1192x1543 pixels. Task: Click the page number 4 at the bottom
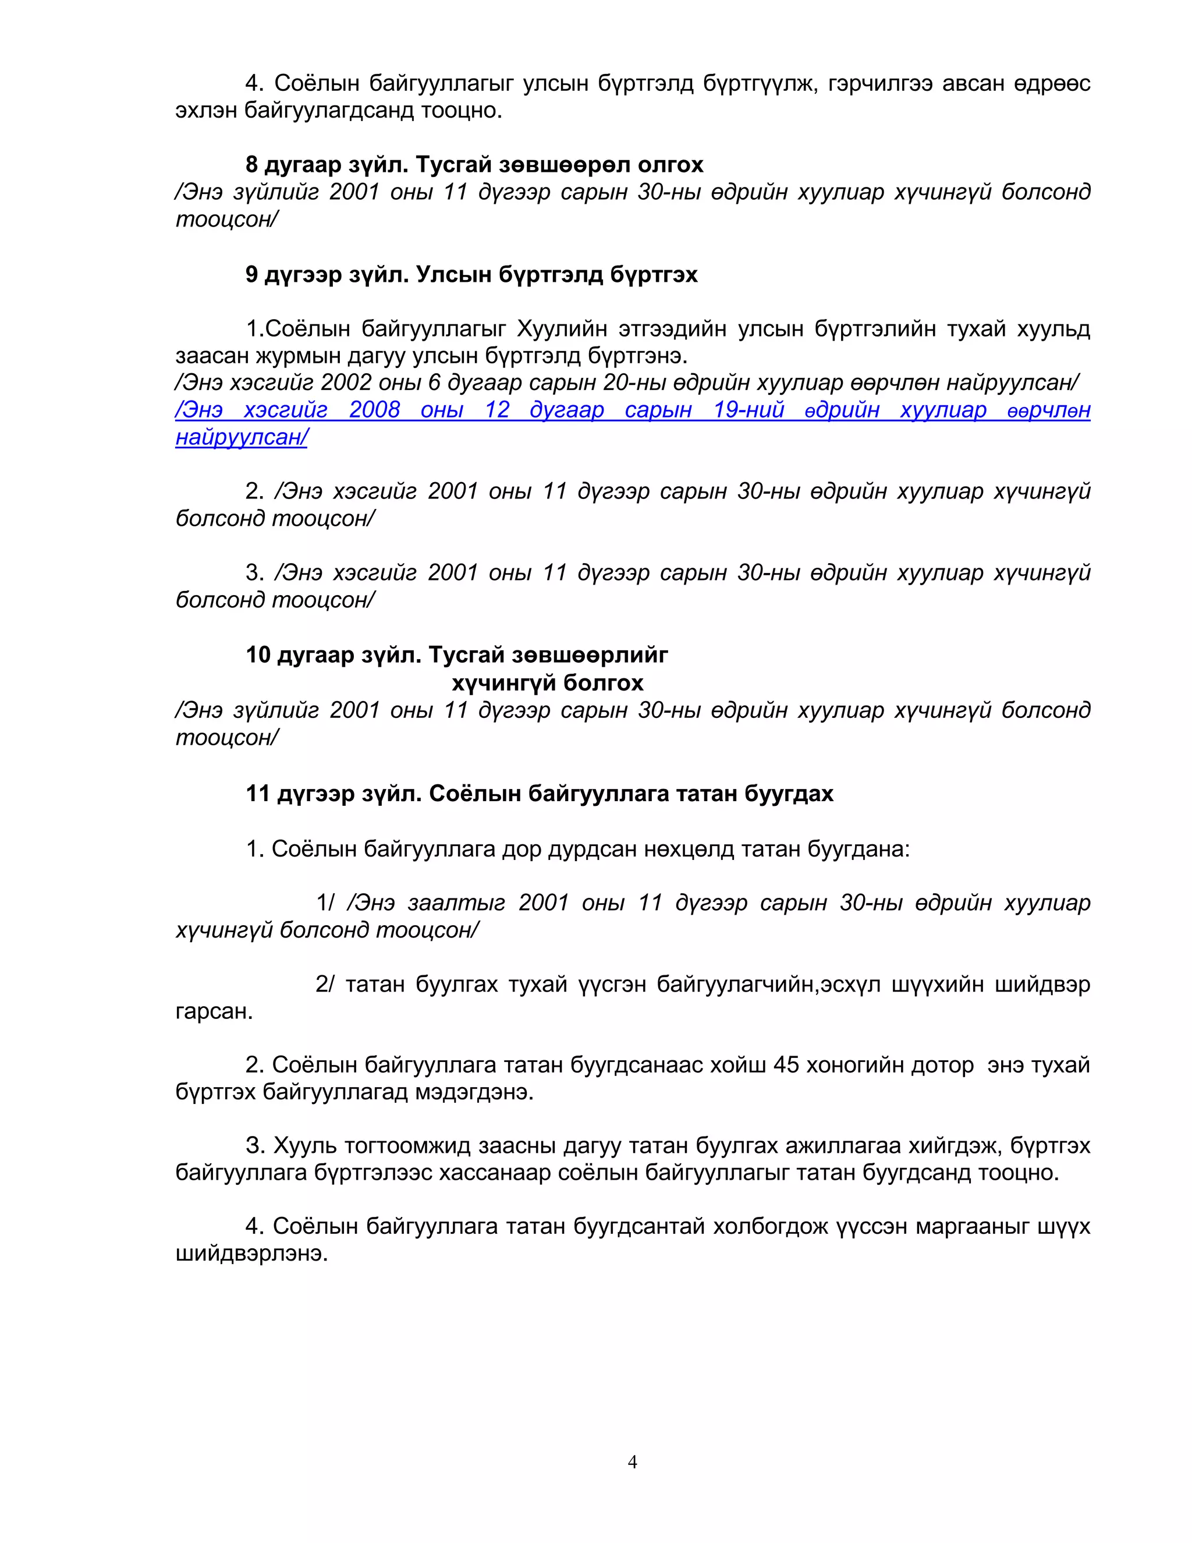point(632,1461)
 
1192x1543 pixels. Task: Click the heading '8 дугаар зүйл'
point(327,165)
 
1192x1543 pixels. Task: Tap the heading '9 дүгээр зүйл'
point(327,274)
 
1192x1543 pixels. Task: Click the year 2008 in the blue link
point(374,410)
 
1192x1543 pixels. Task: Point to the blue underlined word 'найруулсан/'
point(242,437)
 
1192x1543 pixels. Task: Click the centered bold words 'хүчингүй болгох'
point(547,682)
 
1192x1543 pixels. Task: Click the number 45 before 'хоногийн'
point(786,1065)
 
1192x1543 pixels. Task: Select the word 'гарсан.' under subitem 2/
point(214,1011)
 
